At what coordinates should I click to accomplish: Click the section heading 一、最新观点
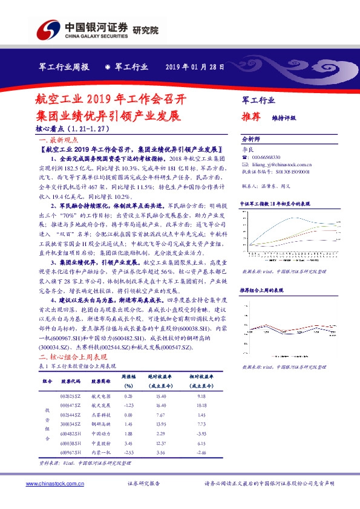point(55,138)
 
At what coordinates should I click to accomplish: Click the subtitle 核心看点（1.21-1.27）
point(73,129)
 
